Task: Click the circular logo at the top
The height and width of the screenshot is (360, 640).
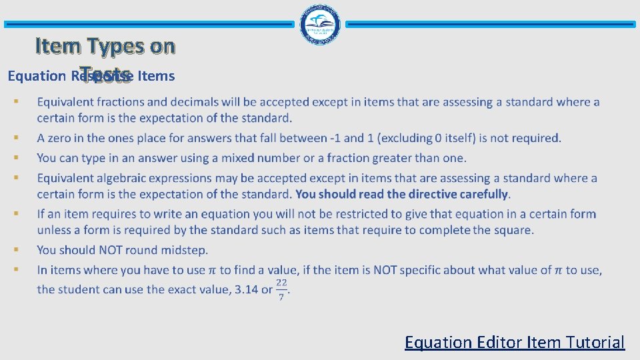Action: click(321, 24)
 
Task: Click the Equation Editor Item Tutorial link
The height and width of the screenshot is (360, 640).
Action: click(514, 342)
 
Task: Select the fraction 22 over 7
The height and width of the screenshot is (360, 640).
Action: click(281, 289)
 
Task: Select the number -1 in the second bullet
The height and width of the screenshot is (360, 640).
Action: click(338, 138)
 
